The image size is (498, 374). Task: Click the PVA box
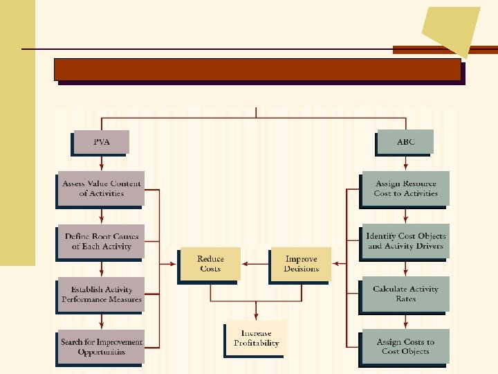pos(101,142)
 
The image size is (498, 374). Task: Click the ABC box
pos(406,142)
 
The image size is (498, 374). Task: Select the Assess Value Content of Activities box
pos(101,188)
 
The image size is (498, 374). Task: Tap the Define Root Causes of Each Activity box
pos(101,241)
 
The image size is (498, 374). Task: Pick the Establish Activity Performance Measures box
pos(101,294)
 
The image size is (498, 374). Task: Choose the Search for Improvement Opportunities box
pos(101,347)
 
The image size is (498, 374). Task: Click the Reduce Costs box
pos(210,264)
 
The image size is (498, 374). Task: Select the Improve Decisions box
pos(301,264)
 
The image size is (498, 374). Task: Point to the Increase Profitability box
pos(256,338)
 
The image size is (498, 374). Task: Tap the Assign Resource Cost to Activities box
pos(406,188)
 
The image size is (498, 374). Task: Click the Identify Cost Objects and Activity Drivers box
pos(406,241)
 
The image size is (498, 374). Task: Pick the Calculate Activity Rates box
pos(406,294)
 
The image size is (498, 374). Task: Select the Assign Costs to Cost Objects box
pos(406,347)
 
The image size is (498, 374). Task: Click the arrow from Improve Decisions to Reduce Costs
pos(255,264)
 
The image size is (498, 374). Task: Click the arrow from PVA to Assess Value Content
pos(102,162)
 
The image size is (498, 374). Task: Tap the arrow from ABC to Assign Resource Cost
pos(406,162)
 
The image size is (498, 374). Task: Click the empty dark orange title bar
pos(257,69)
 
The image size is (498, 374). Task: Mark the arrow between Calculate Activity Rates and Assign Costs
pos(406,321)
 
